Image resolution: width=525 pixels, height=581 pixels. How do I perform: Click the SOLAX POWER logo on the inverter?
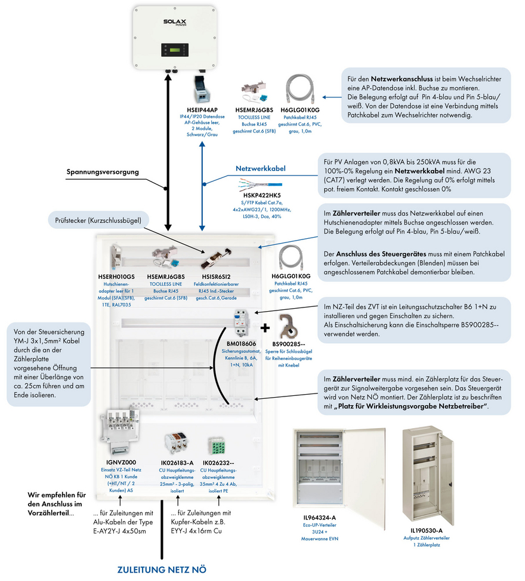pyautogui.click(x=175, y=22)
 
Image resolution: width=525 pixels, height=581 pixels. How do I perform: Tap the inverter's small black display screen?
pyautogui.click(x=175, y=50)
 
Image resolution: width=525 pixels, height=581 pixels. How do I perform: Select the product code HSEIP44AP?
pyautogui.click(x=202, y=110)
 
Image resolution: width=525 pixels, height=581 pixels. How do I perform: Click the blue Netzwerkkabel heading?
pyautogui.click(x=261, y=168)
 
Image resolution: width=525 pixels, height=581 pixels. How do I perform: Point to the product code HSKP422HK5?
pyautogui.click(x=262, y=195)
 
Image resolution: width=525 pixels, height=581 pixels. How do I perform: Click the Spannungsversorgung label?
pyautogui.click(x=103, y=172)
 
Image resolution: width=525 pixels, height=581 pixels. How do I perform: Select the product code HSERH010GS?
pyautogui.click(x=116, y=277)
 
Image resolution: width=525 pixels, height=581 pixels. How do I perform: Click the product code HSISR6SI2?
pyautogui.click(x=216, y=277)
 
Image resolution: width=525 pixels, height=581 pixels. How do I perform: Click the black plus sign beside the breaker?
pyautogui.click(x=265, y=328)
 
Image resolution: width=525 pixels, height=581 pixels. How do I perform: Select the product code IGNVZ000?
pyautogui.click(x=121, y=462)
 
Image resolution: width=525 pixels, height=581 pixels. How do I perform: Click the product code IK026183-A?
pyautogui.click(x=177, y=463)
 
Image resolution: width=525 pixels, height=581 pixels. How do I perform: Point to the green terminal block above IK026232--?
pyautogui.click(x=217, y=446)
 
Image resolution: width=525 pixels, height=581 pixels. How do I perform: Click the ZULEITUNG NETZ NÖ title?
pyautogui.click(x=162, y=570)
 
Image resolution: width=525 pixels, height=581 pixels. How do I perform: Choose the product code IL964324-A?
pyautogui.click(x=320, y=518)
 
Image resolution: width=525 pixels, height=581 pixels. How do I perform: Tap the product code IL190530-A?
pyautogui.click(x=427, y=531)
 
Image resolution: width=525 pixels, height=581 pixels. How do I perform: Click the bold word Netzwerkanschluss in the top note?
pyautogui.click(x=402, y=79)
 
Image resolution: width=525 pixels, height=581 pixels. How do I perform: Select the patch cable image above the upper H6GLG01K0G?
pyautogui.click(x=300, y=90)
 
